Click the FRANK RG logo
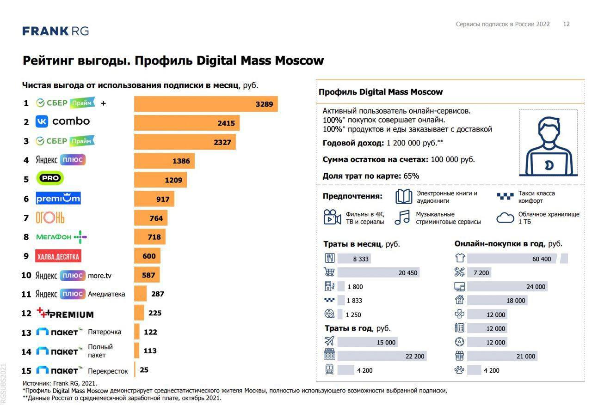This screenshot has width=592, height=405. point(55,31)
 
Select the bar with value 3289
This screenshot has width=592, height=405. point(206,104)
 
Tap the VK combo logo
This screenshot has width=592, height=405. point(63,121)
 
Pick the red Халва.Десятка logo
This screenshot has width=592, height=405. point(58,256)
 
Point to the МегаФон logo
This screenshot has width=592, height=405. point(61,237)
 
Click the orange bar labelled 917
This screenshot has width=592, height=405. point(154,199)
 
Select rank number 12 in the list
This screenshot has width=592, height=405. point(26,314)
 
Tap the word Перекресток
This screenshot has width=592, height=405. point(108,371)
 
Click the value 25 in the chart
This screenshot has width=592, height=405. point(144,370)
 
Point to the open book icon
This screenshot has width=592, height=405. point(403,197)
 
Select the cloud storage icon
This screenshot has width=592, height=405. point(506,218)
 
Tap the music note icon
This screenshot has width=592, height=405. point(402,218)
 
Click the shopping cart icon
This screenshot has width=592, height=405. point(329,272)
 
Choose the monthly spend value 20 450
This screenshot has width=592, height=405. point(408,273)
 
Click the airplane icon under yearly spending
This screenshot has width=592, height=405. point(329,342)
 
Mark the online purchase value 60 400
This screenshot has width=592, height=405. point(542,259)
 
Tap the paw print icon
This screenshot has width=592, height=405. point(459,370)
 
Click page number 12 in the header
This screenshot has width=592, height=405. point(566,24)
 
